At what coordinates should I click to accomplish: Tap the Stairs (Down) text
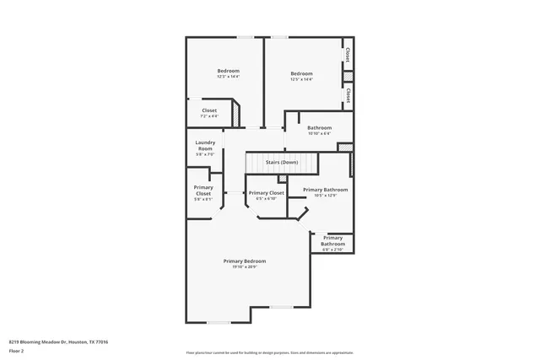coord(282,162)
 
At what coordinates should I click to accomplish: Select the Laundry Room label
coord(205,145)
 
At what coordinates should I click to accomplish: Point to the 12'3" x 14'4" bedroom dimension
coord(228,78)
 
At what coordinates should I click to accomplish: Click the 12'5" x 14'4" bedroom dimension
coord(301,80)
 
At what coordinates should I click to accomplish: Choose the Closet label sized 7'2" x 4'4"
coord(208,110)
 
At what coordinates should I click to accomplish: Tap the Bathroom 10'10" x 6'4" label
coord(319,127)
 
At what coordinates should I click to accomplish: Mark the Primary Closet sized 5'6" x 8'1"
coord(203,190)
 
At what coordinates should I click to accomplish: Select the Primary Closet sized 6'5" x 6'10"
coord(266,193)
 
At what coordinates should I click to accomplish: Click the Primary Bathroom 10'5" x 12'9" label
coord(325,190)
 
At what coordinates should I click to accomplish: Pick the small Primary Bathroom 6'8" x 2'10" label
coord(332,244)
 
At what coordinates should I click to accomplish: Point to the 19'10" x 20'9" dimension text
coord(246,267)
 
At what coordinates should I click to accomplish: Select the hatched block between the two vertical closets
coord(347,76)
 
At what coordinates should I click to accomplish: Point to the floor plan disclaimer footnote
coord(269,352)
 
